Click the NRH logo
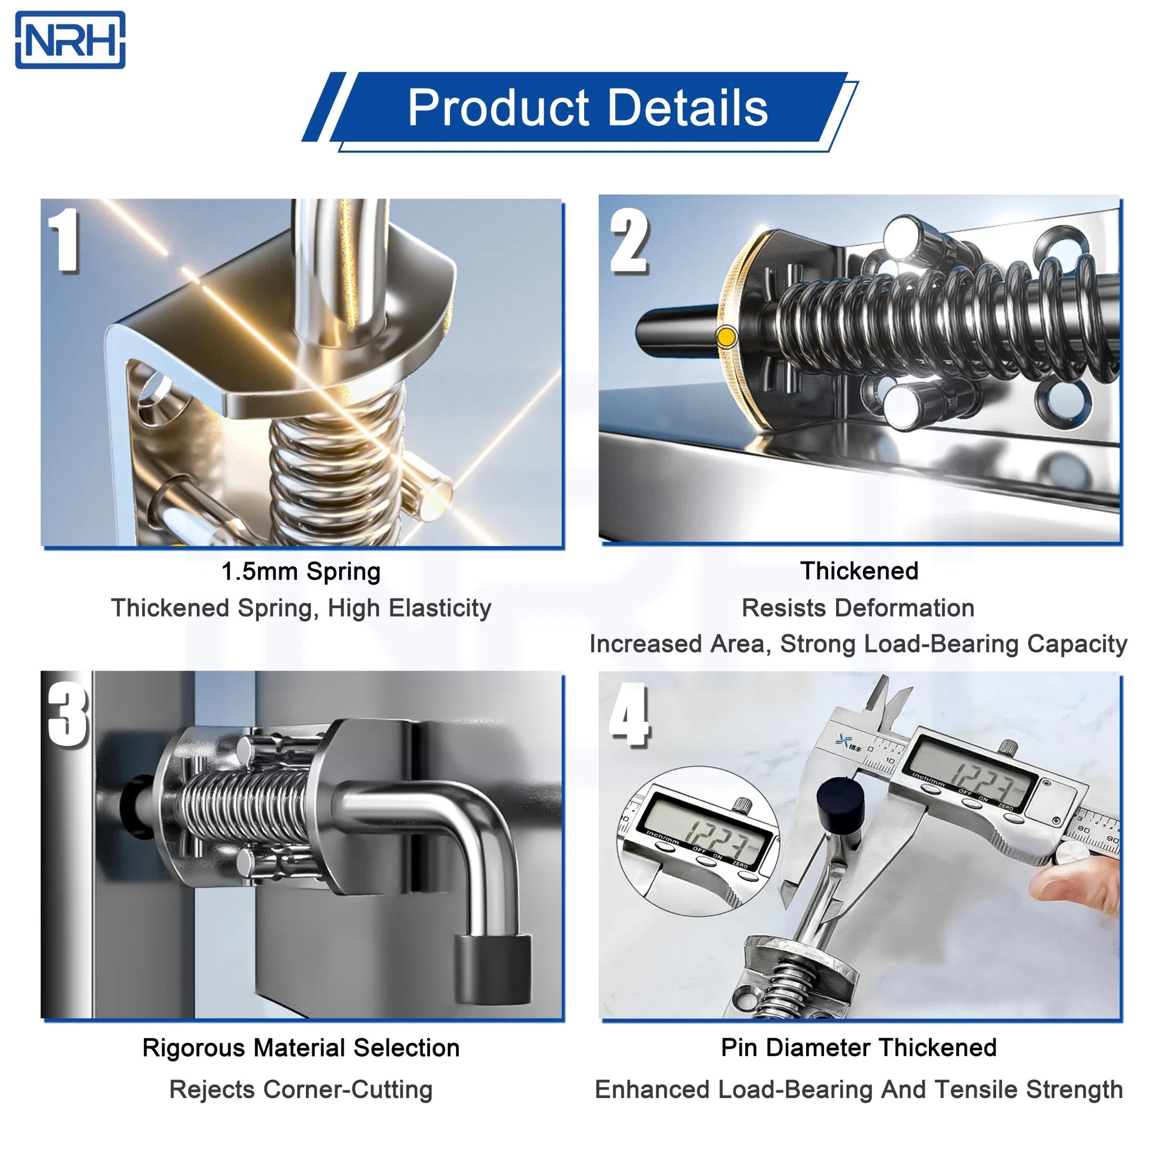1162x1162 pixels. pyautogui.click(x=70, y=40)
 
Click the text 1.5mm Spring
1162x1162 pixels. pyautogui.click(x=301, y=572)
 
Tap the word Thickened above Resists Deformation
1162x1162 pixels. pyautogui.click(x=859, y=571)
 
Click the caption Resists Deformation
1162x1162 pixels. pyautogui.click(x=858, y=608)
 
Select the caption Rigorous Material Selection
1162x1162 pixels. pyautogui.click(x=301, y=1048)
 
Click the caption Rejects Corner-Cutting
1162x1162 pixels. pyautogui.click(x=301, y=1089)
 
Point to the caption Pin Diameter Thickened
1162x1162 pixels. pyautogui.click(x=858, y=1047)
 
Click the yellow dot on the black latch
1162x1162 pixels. pyautogui.click(x=726, y=337)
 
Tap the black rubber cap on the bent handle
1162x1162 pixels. pyautogui.click(x=493, y=968)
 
